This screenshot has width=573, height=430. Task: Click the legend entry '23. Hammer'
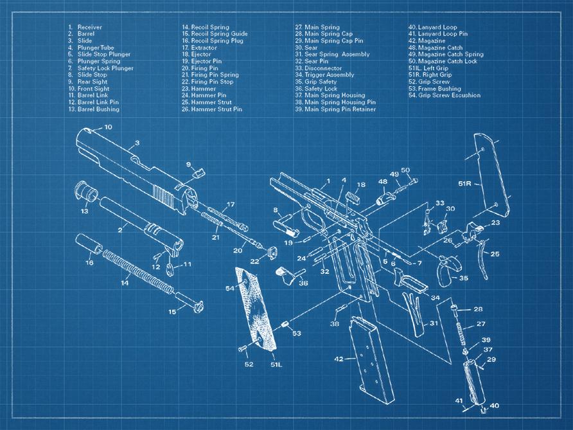199,89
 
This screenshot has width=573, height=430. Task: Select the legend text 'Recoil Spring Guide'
215,34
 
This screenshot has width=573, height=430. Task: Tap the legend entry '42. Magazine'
427,41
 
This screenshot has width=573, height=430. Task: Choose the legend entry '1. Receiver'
85,27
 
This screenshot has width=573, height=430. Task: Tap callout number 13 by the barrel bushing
84,211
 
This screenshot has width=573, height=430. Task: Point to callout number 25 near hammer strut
495,255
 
